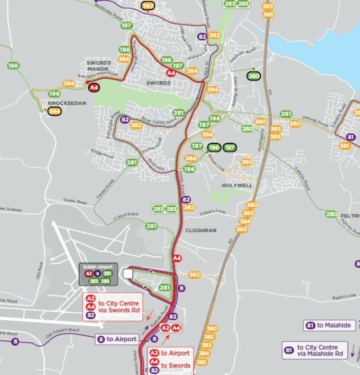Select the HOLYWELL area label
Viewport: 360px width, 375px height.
237,186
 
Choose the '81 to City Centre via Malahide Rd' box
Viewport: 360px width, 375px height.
316,350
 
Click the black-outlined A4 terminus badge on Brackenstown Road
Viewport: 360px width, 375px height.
94,87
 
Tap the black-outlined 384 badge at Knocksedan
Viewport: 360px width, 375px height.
55,111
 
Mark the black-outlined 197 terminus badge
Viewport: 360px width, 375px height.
230,147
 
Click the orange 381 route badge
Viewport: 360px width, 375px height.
345,146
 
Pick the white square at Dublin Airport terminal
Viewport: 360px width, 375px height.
128,275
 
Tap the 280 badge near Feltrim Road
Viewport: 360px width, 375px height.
331,214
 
